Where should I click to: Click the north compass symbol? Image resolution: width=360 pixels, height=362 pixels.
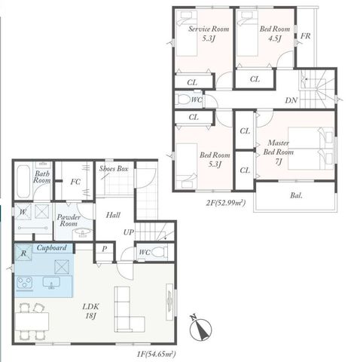(x=201, y=328)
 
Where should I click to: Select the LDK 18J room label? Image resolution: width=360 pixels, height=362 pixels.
(x=90, y=311)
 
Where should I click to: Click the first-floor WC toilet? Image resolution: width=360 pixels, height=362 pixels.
(x=160, y=252)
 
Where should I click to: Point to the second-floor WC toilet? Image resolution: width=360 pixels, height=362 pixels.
(x=183, y=100)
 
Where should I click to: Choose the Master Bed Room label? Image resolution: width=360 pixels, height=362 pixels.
(x=278, y=152)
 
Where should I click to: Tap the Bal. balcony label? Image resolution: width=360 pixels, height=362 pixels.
(x=296, y=195)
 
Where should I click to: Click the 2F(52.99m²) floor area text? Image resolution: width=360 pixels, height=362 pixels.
(x=225, y=203)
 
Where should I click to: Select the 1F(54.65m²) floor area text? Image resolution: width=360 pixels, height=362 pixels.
(x=156, y=354)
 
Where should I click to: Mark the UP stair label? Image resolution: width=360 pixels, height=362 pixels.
(x=129, y=232)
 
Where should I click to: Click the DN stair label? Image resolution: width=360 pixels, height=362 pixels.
(x=291, y=100)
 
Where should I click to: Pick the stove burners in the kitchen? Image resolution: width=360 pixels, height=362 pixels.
(x=24, y=283)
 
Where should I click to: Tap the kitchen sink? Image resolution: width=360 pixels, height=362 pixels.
(x=51, y=283)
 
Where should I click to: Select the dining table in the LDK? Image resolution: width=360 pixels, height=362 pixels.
(x=32, y=321)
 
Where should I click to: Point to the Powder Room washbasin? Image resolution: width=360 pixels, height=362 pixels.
(x=83, y=232)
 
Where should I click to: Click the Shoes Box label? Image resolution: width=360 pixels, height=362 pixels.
(x=114, y=169)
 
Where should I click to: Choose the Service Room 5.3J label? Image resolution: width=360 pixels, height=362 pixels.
(x=209, y=34)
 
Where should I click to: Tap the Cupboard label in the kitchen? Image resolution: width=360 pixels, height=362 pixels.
(x=52, y=248)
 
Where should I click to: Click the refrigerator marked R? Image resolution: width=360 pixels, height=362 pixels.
(x=23, y=253)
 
